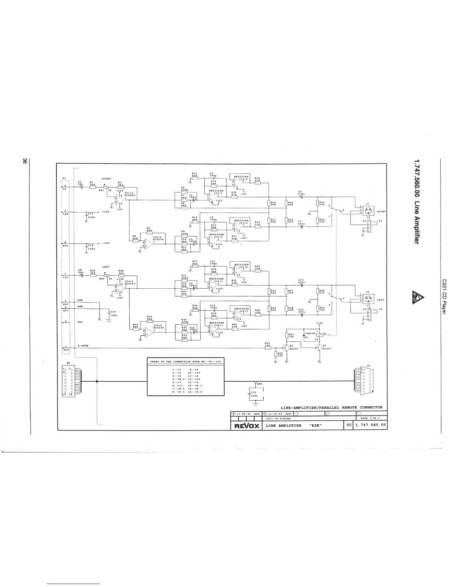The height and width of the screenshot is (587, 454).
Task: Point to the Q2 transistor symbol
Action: click(319, 348)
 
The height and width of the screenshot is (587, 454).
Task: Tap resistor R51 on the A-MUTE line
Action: click(267, 348)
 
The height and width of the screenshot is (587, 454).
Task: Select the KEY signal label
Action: click(80, 322)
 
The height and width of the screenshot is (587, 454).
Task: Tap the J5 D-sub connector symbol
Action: click(366, 381)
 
